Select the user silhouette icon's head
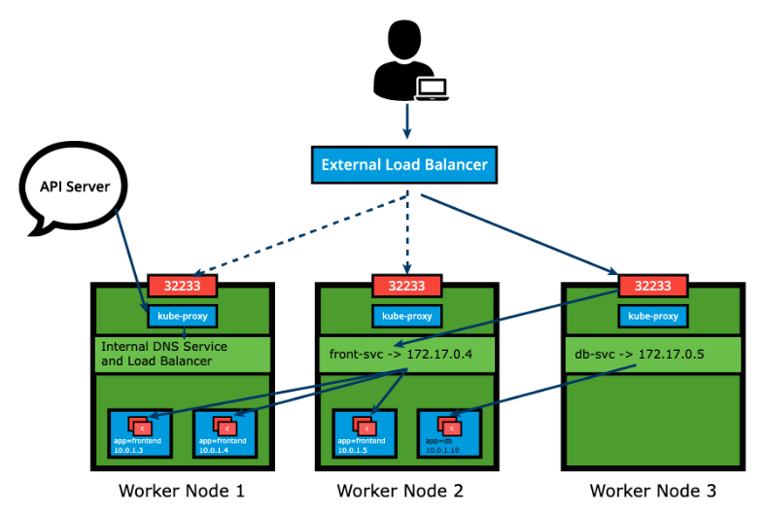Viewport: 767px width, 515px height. pyautogui.click(x=406, y=40)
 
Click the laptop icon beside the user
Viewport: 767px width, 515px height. pyautogui.click(x=431, y=88)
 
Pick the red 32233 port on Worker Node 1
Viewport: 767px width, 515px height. pyautogui.click(x=182, y=286)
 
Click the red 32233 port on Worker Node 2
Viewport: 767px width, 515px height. pyautogui.click(x=406, y=286)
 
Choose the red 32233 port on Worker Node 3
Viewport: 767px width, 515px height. pyautogui.click(x=652, y=286)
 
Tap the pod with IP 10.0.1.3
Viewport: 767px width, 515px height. pyautogui.click(x=140, y=432)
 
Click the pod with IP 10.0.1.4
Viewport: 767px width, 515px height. pyautogui.click(x=226, y=432)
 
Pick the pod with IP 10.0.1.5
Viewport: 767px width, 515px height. pyautogui.click(x=365, y=432)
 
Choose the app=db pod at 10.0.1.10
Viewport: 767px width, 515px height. pyautogui.click(x=449, y=432)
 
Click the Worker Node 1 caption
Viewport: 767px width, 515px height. pyautogui.click(x=181, y=491)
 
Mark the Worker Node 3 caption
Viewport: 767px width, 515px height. pyautogui.click(x=652, y=491)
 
